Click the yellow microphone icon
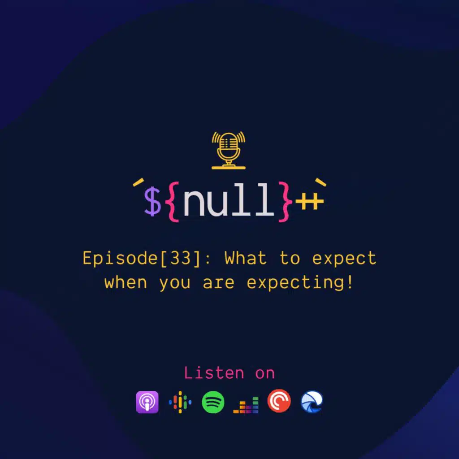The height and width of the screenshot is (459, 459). [229, 150]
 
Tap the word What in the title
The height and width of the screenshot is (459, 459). [246, 258]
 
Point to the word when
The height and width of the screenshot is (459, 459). [126, 282]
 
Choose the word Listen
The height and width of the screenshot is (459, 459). [214, 373]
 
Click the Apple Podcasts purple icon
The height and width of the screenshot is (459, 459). [147, 402]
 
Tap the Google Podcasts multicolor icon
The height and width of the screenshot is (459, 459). [180, 402]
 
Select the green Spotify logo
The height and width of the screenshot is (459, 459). [213, 402]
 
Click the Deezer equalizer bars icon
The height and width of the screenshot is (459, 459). [246, 405]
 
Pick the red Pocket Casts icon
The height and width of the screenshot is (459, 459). [279, 401]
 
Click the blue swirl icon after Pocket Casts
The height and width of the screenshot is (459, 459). [312, 402]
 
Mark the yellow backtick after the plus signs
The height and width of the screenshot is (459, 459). [320, 182]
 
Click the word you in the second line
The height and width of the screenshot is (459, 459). [175, 283]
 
